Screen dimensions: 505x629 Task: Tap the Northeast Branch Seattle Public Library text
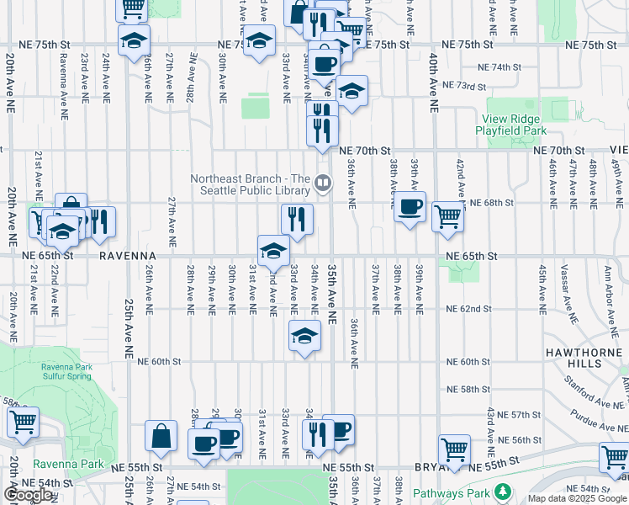pyautogui.click(x=251, y=185)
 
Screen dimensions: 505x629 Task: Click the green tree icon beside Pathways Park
pyautogui.click(x=503, y=490)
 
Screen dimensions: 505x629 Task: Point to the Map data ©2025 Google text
pyautogui.click(x=576, y=498)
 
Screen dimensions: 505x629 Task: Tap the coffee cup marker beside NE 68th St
pyautogui.click(x=410, y=208)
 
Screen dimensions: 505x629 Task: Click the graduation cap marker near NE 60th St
pyautogui.click(x=304, y=337)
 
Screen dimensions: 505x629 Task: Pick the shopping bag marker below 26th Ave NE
pyautogui.click(x=161, y=437)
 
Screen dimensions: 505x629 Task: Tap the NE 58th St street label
pyautogui.click(x=468, y=390)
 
